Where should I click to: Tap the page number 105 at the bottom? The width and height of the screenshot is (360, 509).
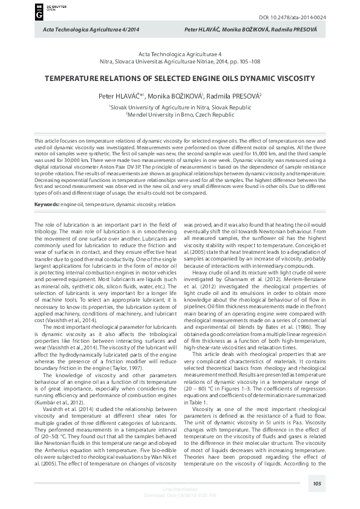coord(316,483)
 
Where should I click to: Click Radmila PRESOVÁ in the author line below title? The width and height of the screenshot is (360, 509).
coord(235,96)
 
